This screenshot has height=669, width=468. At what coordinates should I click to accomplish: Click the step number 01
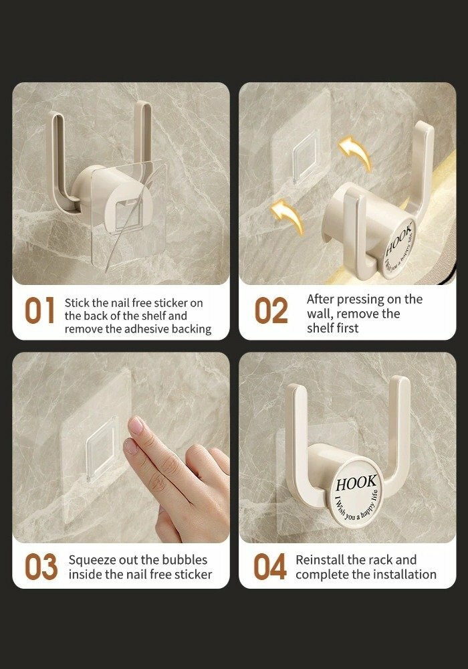click(x=39, y=310)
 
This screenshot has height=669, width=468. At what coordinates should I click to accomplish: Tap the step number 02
click(x=271, y=310)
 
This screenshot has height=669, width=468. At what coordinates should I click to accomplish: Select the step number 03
click(x=41, y=567)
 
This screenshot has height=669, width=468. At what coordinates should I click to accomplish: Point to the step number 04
click(x=270, y=567)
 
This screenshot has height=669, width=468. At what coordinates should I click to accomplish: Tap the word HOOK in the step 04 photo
click(x=356, y=484)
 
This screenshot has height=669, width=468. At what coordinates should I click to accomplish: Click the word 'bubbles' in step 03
click(x=185, y=560)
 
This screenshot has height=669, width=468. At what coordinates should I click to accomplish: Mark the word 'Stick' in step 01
click(x=77, y=303)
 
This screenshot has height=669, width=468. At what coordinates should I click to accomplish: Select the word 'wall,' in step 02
click(x=320, y=314)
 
